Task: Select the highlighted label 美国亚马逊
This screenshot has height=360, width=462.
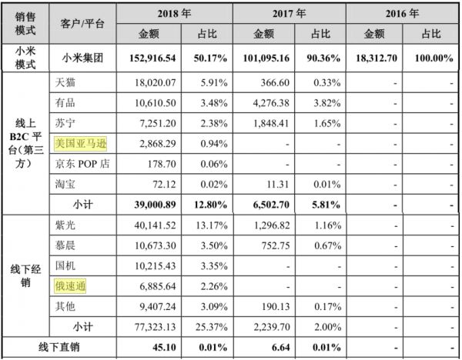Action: (x=81, y=143)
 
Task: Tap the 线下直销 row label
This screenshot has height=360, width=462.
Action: (x=58, y=347)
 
